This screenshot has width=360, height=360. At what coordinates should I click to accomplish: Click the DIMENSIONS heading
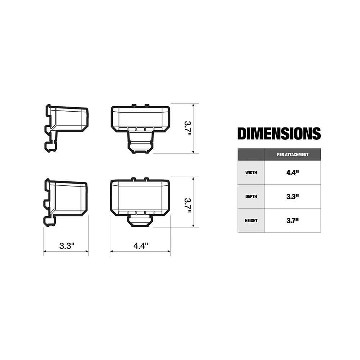tap(279, 134)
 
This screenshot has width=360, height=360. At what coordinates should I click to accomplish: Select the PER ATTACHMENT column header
tap(292, 154)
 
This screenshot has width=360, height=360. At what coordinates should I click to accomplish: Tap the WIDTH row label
tap(251, 173)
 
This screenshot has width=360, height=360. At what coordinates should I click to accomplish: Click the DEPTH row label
tap(251, 197)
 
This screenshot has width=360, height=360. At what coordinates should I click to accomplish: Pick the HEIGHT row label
tap(251, 220)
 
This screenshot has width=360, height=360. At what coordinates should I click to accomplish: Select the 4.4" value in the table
tap(292, 173)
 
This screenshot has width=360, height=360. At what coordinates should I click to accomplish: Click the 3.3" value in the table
tap(292, 197)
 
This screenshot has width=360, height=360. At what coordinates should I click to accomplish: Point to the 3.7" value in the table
tap(292, 220)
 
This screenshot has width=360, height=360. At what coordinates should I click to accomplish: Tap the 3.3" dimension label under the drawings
tap(67, 246)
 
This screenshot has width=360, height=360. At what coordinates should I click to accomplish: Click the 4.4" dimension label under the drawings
tap(141, 246)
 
